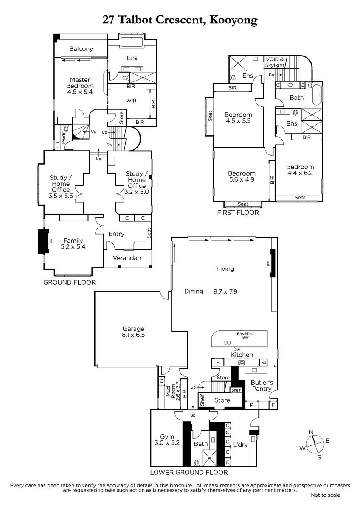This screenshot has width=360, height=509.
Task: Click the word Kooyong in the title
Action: coord(233,20)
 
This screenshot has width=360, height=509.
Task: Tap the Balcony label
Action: coord(81,49)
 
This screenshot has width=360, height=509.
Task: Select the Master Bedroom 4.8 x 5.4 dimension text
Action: coord(80,92)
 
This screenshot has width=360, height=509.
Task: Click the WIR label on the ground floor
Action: coord(131,101)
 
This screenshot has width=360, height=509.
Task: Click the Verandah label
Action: coord(127,258)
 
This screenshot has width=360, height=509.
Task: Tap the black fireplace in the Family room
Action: coord(44,241)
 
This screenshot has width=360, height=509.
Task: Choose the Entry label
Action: coord(116,234)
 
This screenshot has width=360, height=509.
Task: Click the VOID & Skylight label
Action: coord(275,62)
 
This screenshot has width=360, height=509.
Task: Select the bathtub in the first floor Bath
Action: coord(317,95)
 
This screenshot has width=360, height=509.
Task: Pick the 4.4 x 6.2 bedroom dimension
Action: coord(300,173)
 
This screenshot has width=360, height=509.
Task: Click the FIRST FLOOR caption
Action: coord(238,213)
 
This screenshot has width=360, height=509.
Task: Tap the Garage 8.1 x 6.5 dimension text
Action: coord(133,335)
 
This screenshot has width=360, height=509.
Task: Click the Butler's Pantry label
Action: coord(262,386)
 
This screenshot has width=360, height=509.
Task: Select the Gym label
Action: coord(167,436)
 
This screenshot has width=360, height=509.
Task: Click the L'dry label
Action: coord(240,445)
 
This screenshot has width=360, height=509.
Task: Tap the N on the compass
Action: coord(311,432)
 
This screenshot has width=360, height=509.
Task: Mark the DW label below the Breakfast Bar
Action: coord(237,350)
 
